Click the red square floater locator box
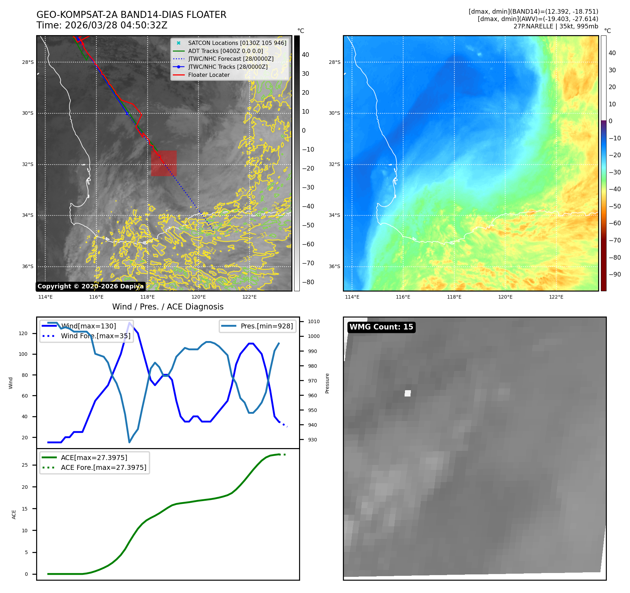[x=164, y=163]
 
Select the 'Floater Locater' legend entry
[x=209, y=75]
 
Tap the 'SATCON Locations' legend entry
[x=237, y=43]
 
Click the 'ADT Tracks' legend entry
[x=225, y=51]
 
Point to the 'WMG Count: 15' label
[x=381, y=327]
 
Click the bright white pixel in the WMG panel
[x=407, y=393]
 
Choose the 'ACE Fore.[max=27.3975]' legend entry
[x=103, y=467]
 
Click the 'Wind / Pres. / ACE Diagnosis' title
[x=168, y=307]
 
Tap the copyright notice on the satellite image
[x=90, y=286]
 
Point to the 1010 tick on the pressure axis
[x=314, y=321]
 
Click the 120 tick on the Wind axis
[x=23, y=333]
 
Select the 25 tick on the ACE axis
[x=25, y=465]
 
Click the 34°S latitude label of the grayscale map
[x=28, y=215]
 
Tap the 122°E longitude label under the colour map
[x=556, y=297]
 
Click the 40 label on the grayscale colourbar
[x=305, y=55]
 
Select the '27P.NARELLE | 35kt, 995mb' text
[x=556, y=26]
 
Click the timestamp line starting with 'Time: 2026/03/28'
[x=102, y=25]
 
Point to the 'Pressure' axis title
[x=327, y=383]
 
